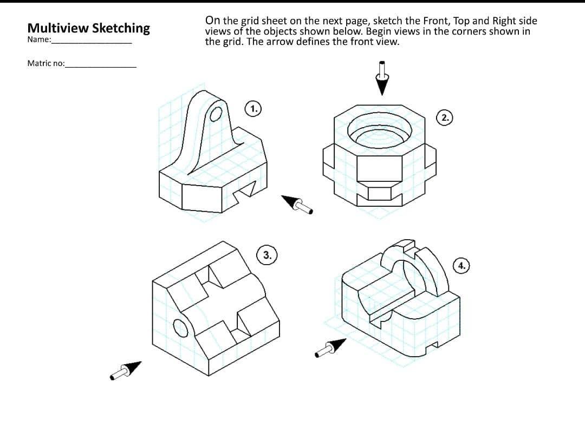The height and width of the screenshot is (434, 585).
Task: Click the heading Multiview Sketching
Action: (x=88, y=28)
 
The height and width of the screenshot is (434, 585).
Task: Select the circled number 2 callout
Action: (x=445, y=117)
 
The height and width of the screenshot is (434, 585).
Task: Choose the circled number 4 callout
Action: (x=461, y=266)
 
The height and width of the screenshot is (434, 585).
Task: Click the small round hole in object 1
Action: (x=216, y=114)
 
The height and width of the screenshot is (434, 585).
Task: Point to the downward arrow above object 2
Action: (x=383, y=78)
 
